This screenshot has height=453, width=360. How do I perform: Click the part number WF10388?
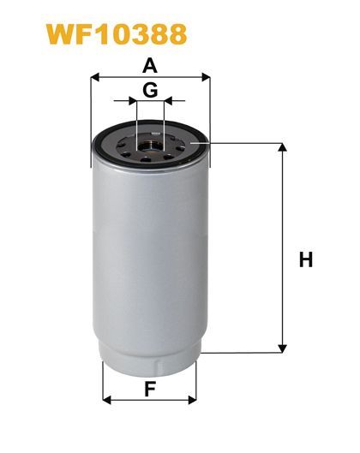pos(117,34)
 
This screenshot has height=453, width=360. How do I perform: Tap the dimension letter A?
pos(150,66)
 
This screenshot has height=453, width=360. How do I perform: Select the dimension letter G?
pos(150,90)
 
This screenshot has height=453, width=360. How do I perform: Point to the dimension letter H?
pos(306,259)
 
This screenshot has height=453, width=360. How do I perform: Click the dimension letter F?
pos(150,389)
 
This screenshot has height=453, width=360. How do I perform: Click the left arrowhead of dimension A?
pos(95,77)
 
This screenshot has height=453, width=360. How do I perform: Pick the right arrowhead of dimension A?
pos(206,77)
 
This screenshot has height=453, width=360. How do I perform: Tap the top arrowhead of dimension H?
pos(282,147)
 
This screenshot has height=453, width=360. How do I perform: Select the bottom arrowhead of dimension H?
pos(282,349)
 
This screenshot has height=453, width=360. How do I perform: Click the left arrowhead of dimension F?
pos(107,400)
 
